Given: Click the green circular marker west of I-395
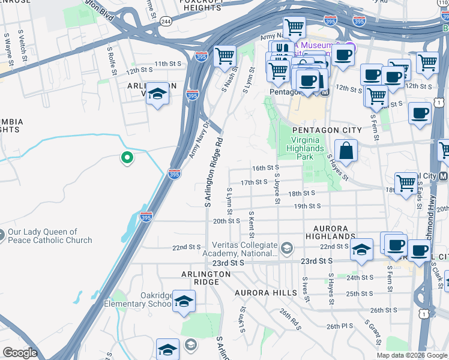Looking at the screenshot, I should coord(127,158).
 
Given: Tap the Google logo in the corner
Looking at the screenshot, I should coord(19,353).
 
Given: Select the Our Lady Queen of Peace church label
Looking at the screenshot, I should coord(50,236).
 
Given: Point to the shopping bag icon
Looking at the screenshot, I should coord(346,151).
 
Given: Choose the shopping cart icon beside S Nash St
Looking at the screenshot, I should coord(224,56).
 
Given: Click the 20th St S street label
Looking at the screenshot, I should coord(227,221).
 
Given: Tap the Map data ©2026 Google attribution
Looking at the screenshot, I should coord(412,355).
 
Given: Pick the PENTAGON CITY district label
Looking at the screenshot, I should coord(327,130).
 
